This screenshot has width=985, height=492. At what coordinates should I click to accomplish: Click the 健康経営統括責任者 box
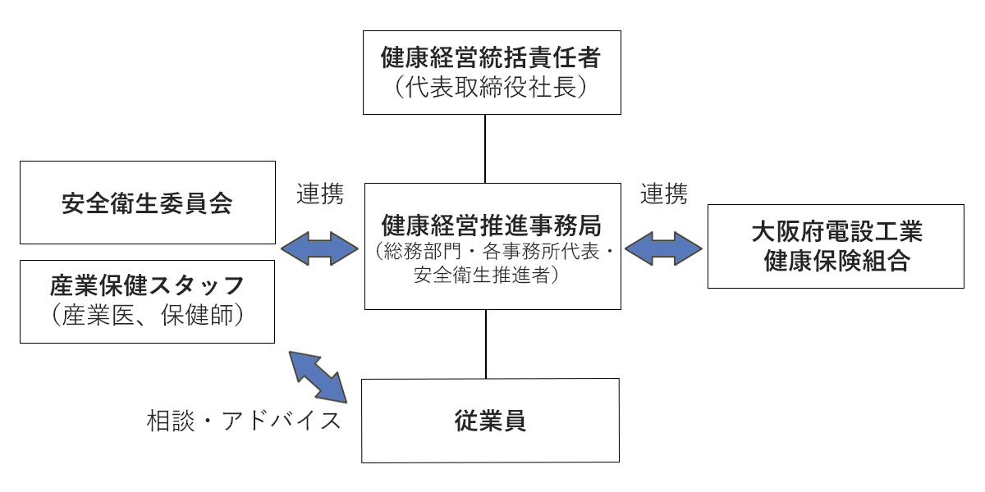pos(492,71)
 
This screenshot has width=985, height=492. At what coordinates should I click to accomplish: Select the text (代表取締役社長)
pos(492,87)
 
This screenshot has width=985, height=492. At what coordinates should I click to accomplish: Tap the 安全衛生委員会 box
pos(147,203)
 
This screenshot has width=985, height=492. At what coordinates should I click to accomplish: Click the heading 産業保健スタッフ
pos(147,286)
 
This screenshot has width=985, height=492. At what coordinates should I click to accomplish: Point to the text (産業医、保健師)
pos(147,316)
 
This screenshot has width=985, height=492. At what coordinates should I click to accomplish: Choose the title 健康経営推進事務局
pos(492,223)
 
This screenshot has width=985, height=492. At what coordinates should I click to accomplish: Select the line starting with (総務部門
pos(492,250)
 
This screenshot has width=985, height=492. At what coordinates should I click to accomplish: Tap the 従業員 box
pos(491,421)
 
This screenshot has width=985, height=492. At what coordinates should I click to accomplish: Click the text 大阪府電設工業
pos(836,232)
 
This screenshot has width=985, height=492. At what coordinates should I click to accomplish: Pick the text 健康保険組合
pos(836,262)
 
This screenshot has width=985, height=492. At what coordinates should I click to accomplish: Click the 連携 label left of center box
pos(319,194)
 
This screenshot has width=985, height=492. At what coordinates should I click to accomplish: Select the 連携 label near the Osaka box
pos(663,194)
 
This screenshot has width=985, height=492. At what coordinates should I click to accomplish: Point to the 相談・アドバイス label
pos(243,421)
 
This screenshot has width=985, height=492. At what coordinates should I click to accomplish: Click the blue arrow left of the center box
pos(320,247)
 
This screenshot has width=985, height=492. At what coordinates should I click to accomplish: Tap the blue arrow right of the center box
pos(663,247)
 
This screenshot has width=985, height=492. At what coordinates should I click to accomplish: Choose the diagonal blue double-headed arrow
pos(319,377)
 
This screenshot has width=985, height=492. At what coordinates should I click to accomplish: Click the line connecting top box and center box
pos(486,148)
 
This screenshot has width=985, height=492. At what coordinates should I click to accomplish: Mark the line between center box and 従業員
pos(486,344)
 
